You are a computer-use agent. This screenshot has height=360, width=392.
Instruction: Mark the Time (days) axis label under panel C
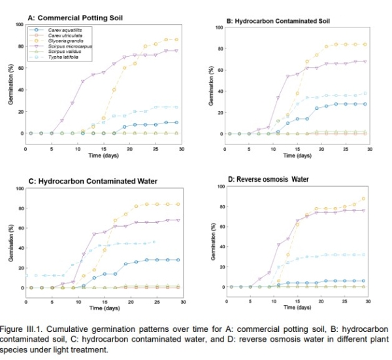tap(104, 308)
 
